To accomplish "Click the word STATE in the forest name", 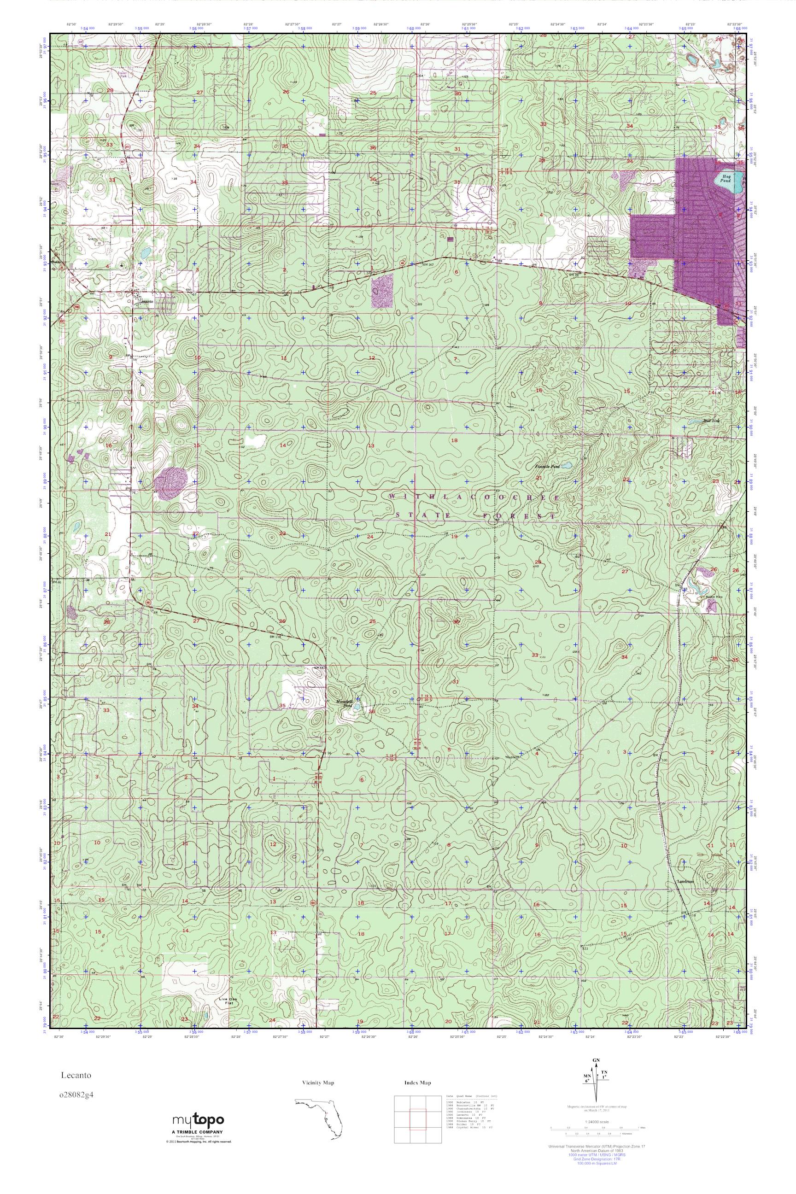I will point(416,516).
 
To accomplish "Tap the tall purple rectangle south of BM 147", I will point(382,292).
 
